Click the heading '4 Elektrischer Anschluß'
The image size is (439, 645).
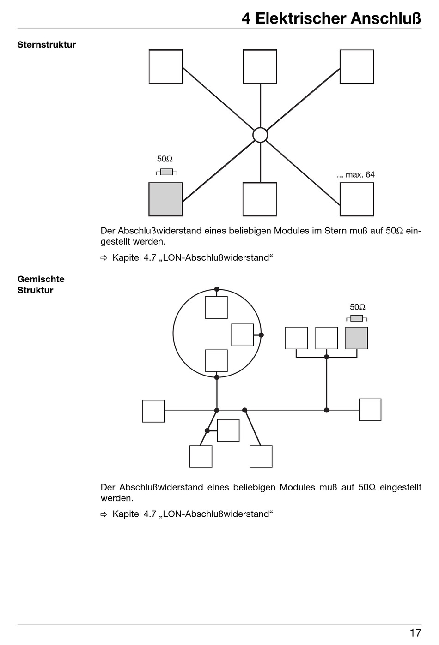331,19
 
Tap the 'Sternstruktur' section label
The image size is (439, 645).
46,45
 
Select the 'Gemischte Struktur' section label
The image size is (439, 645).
41,285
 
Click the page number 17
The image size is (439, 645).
415,633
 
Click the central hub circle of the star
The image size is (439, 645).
260,135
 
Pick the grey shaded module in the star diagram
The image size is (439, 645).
165,199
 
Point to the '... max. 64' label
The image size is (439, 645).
356,174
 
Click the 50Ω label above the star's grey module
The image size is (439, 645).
165,159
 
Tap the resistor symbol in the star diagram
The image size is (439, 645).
166,172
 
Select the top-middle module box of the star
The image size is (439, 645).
260,66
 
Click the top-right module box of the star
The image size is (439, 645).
357,66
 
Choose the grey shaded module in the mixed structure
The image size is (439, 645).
356,338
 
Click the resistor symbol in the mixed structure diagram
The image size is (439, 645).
357,318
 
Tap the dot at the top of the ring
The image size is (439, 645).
217,289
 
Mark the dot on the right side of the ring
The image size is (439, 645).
262,335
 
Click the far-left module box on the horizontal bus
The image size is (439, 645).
153,411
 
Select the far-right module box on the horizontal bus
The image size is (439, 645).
370,410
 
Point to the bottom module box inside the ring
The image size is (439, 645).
216,361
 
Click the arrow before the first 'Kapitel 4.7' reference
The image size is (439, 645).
104,258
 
